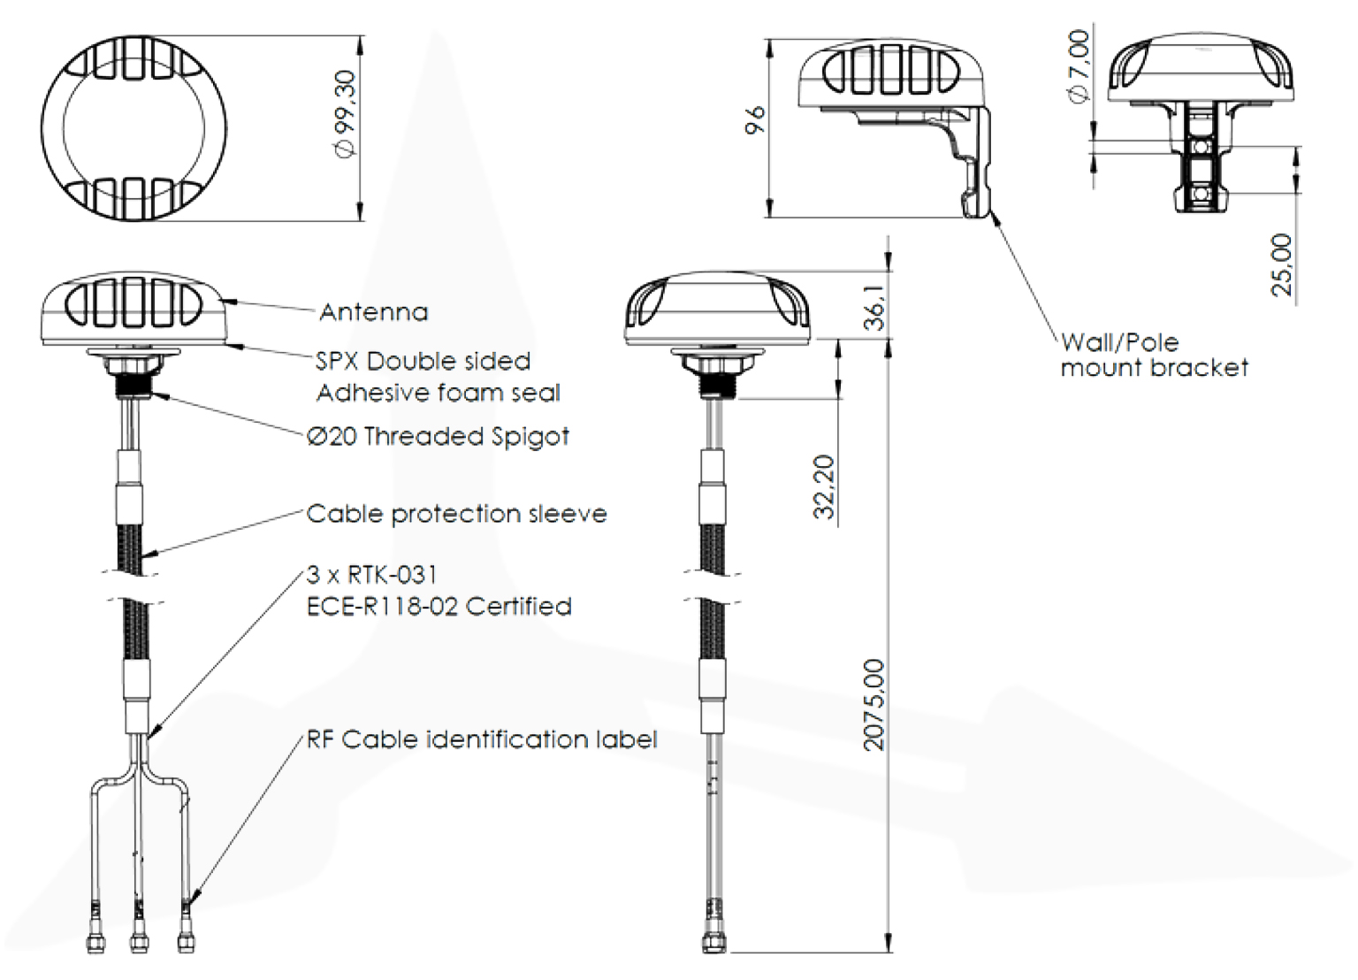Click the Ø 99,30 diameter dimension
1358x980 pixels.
(345, 114)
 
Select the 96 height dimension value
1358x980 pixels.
(754, 119)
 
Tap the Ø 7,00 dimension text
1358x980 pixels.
(1079, 66)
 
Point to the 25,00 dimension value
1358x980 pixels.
(1281, 264)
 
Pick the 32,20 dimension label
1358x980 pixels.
(824, 486)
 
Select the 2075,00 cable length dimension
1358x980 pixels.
(874, 705)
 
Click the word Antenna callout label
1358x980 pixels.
(373, 312)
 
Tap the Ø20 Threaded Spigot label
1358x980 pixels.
(438, 436)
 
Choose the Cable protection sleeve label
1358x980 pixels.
(456, 514)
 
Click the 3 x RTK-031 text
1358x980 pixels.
(371, 575)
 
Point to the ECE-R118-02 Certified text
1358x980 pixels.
(439, 607)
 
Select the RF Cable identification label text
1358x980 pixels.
(482, 739)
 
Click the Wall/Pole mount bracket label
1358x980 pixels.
(1154, 355)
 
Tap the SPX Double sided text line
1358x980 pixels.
(423, 361)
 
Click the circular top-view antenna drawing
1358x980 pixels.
(134, 127)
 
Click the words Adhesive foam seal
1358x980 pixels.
(439, 393)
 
